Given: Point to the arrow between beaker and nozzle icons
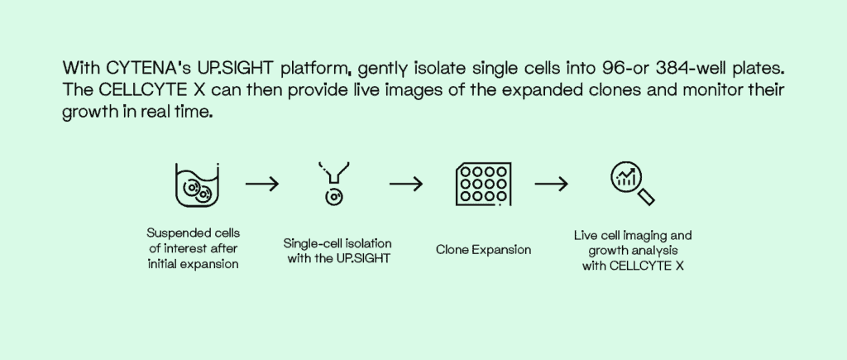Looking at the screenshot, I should point(262,184).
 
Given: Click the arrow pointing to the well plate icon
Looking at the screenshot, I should point(406,184).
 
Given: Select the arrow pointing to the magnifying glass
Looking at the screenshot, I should point(552,184).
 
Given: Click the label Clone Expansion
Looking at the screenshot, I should point(483,249).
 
